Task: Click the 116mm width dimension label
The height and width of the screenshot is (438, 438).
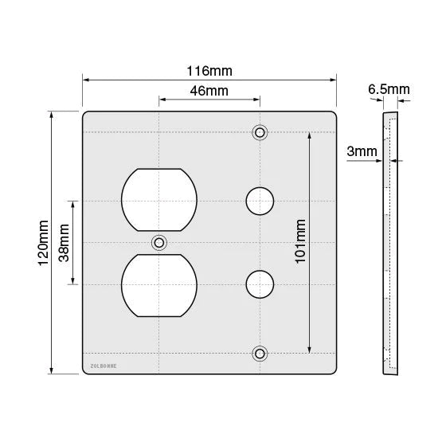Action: [209, 71]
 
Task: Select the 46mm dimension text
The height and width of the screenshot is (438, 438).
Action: [209, 91]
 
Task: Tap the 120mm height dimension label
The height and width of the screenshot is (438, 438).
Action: [44, 243]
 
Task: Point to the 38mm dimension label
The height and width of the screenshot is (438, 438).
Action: [64, 243]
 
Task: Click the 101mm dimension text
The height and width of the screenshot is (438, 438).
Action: [300, 241]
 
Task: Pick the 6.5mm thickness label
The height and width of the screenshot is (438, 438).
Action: [389, 89]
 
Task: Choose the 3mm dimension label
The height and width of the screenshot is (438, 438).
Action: [362, 151]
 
